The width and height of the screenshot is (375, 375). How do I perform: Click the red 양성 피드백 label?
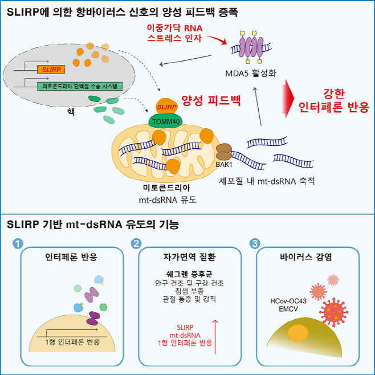click(211, 101)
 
